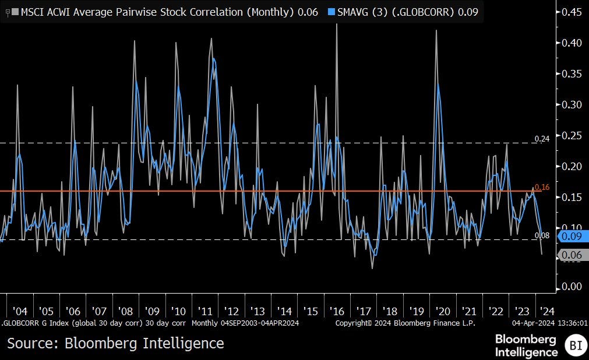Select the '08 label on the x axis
[125, 311]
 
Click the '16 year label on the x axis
[338, 311]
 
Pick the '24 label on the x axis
[548, 311]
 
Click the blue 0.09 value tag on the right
[573, 237]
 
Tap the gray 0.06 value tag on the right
[573, 255]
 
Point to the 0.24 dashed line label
[542, 139]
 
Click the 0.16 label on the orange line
[542, 187]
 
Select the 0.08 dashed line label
[542, 235]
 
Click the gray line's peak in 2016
[337, 25]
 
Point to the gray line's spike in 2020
[436, 31]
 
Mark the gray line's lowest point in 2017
[372, 268]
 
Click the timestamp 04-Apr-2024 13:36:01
[550, 323]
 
